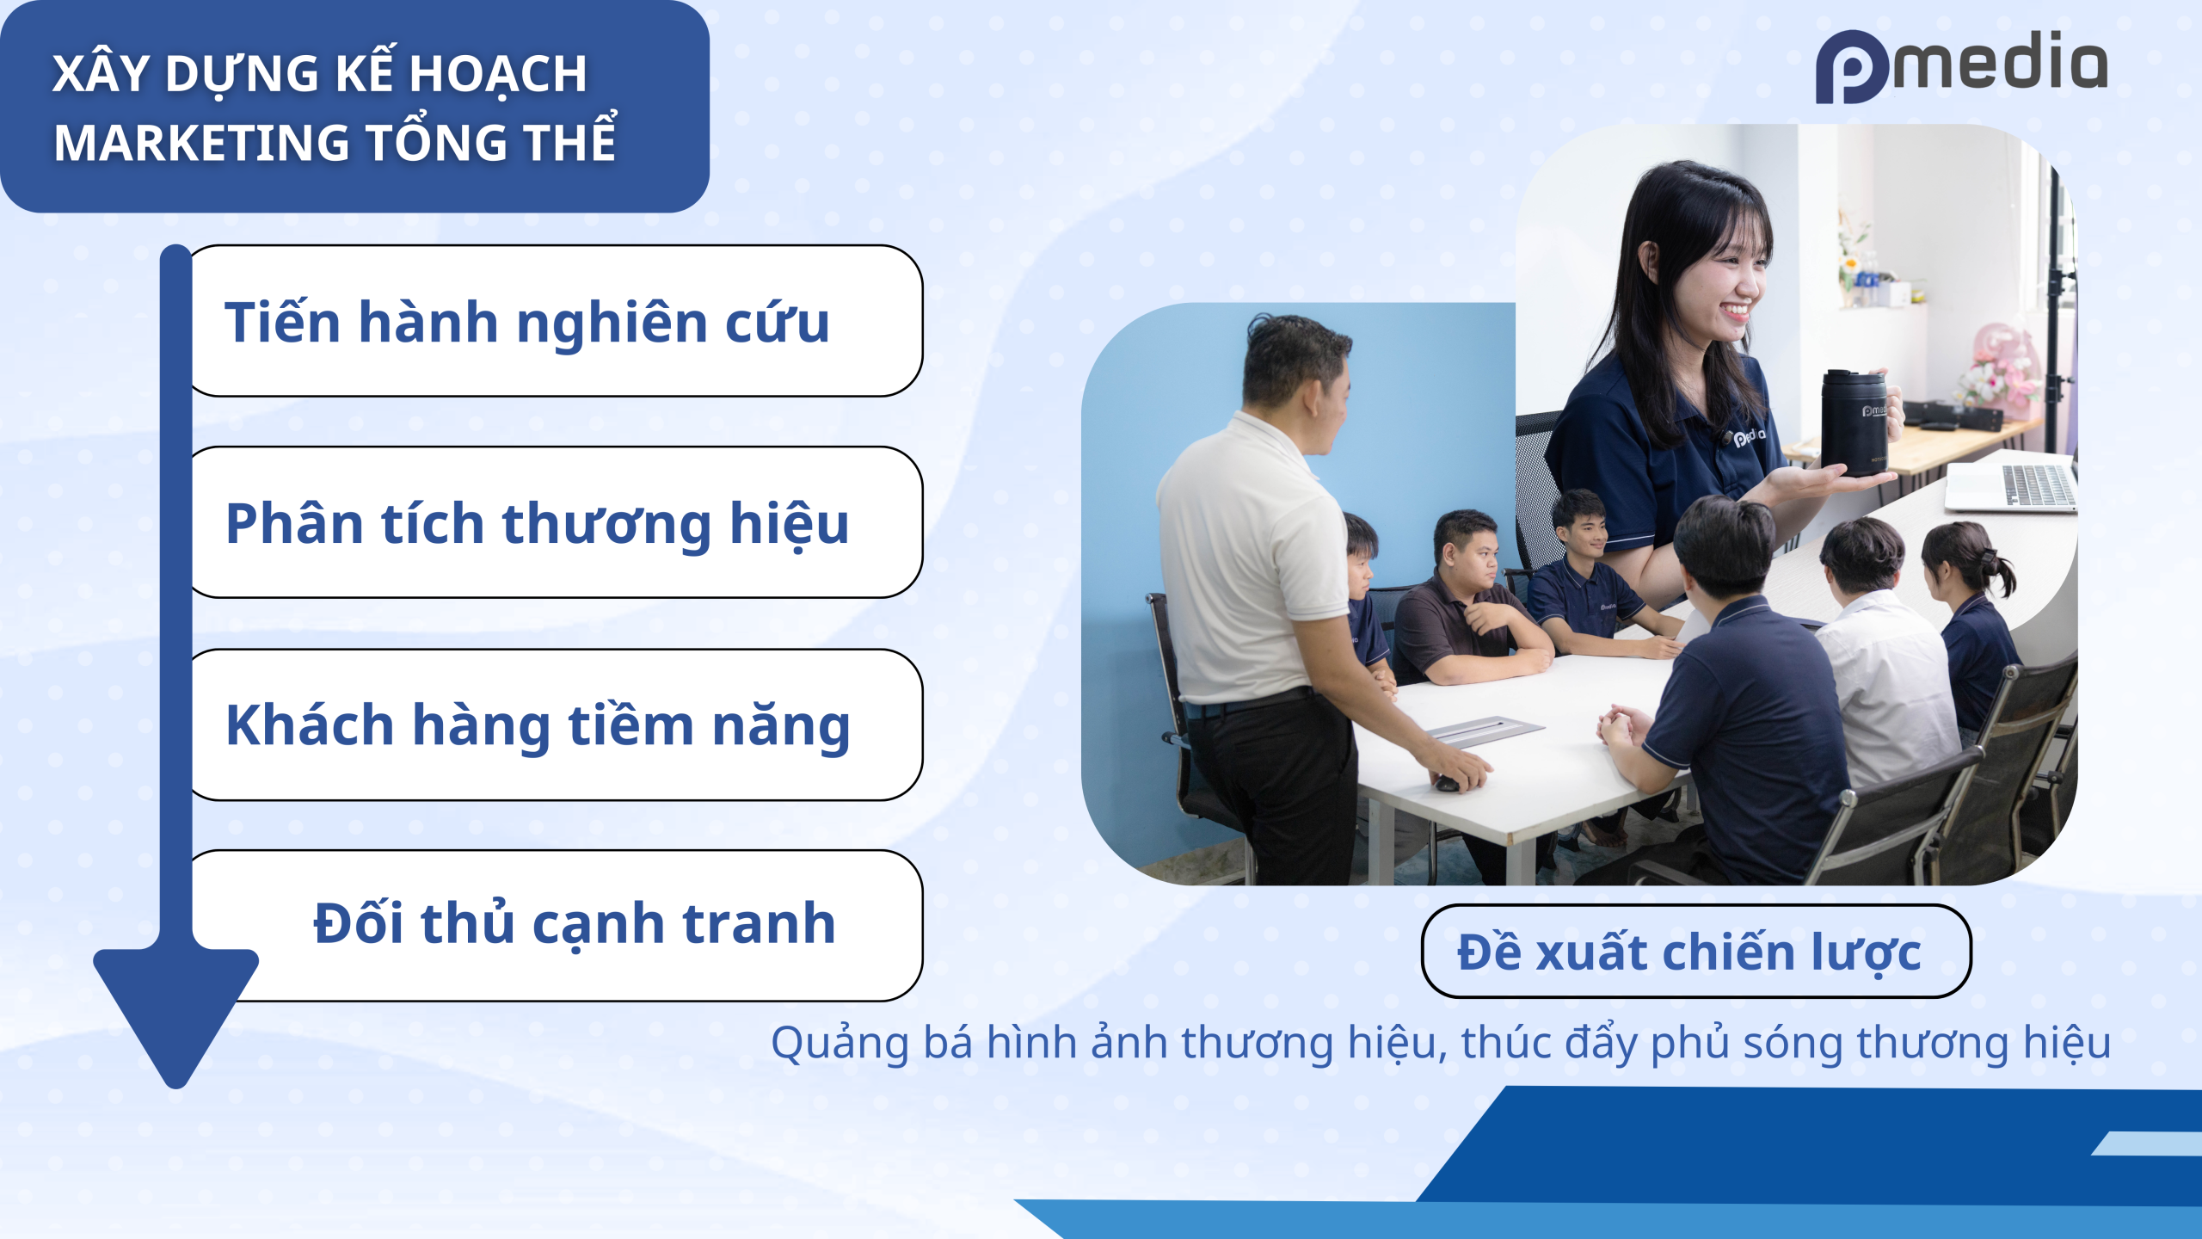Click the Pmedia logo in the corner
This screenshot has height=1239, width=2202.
(x=1961, y=67)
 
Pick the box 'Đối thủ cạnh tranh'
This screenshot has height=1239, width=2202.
(x=568, y=925)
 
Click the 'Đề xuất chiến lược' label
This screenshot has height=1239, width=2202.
(x=1696, y=951)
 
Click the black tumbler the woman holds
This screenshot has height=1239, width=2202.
(x=1854, y=422)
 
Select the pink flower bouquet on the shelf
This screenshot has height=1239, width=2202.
(x=2000, y=366)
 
